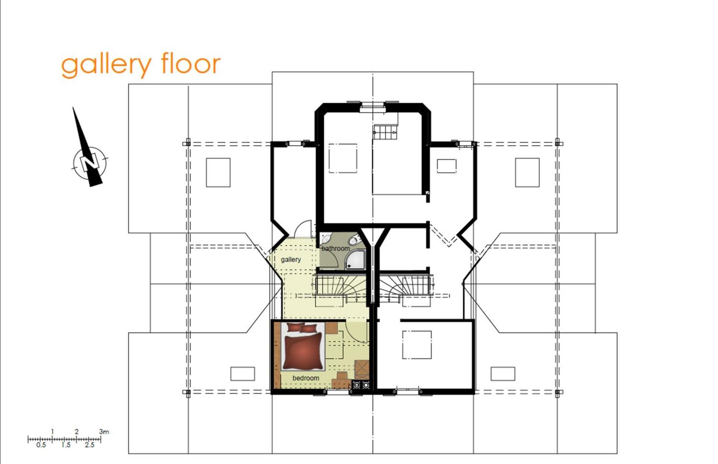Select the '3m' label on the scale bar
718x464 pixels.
click(x=104, y=432)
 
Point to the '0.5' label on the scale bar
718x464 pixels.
click(x=41, y=445)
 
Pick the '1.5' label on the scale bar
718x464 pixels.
click(x=66, y=445)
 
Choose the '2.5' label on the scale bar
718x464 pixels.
click(x=89, y=445)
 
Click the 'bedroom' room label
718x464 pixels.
click(x=306, y=378)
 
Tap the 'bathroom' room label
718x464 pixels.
click(x=336, y=249)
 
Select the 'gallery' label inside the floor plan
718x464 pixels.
click(x=291, y=260)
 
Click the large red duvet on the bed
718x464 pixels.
click(x=302, y=351)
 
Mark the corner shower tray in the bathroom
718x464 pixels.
click(x=355, y=259)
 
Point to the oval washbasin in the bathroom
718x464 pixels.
click(x=354, y=240)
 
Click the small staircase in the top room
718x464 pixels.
click(x=385, y=132)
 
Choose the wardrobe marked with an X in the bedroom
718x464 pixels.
click(x=362, y=370)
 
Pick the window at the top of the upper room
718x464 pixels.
click(x=373, y=105)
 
